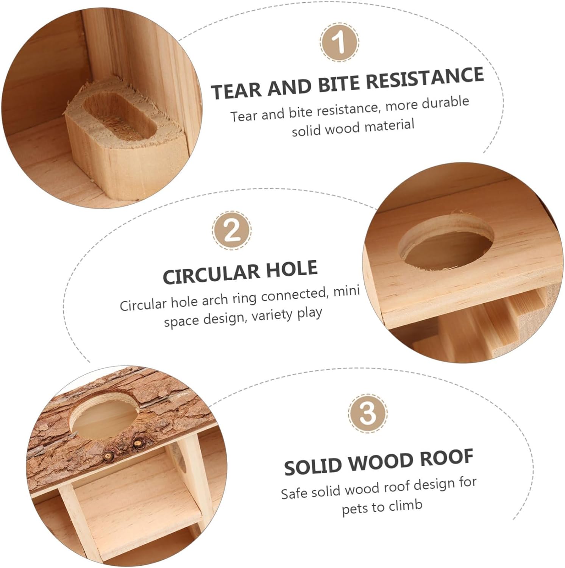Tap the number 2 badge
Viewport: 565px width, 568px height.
pyautogui.click(x=232, y=230)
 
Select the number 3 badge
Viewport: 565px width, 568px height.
pyautogui.click(x=367, y=413)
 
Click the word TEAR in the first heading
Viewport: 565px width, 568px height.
pyautogui.click(x=236, y=91)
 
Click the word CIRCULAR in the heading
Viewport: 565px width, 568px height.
pyautogui.click(x=211, y=274)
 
